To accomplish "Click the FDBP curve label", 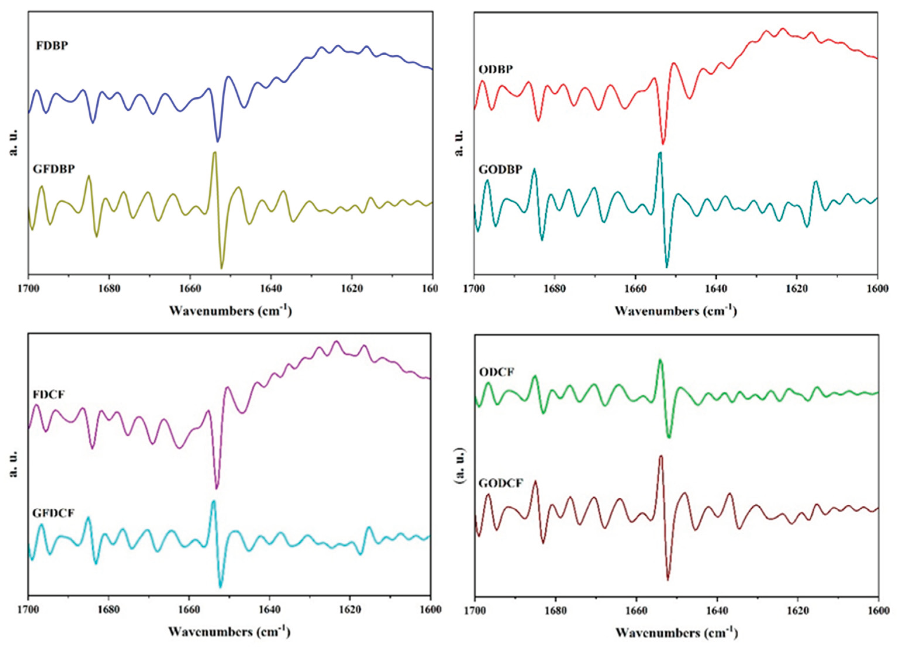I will coord(52,46).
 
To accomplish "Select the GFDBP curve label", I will coord(54,169).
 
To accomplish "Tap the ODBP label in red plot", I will coord(496,70).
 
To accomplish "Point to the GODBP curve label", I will coord(500,169).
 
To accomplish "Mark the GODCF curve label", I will coord(501,483).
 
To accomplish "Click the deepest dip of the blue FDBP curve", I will coord(217,141).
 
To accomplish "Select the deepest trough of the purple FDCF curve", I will coord(216,488).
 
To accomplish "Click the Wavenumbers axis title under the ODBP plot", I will coord(675,311).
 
